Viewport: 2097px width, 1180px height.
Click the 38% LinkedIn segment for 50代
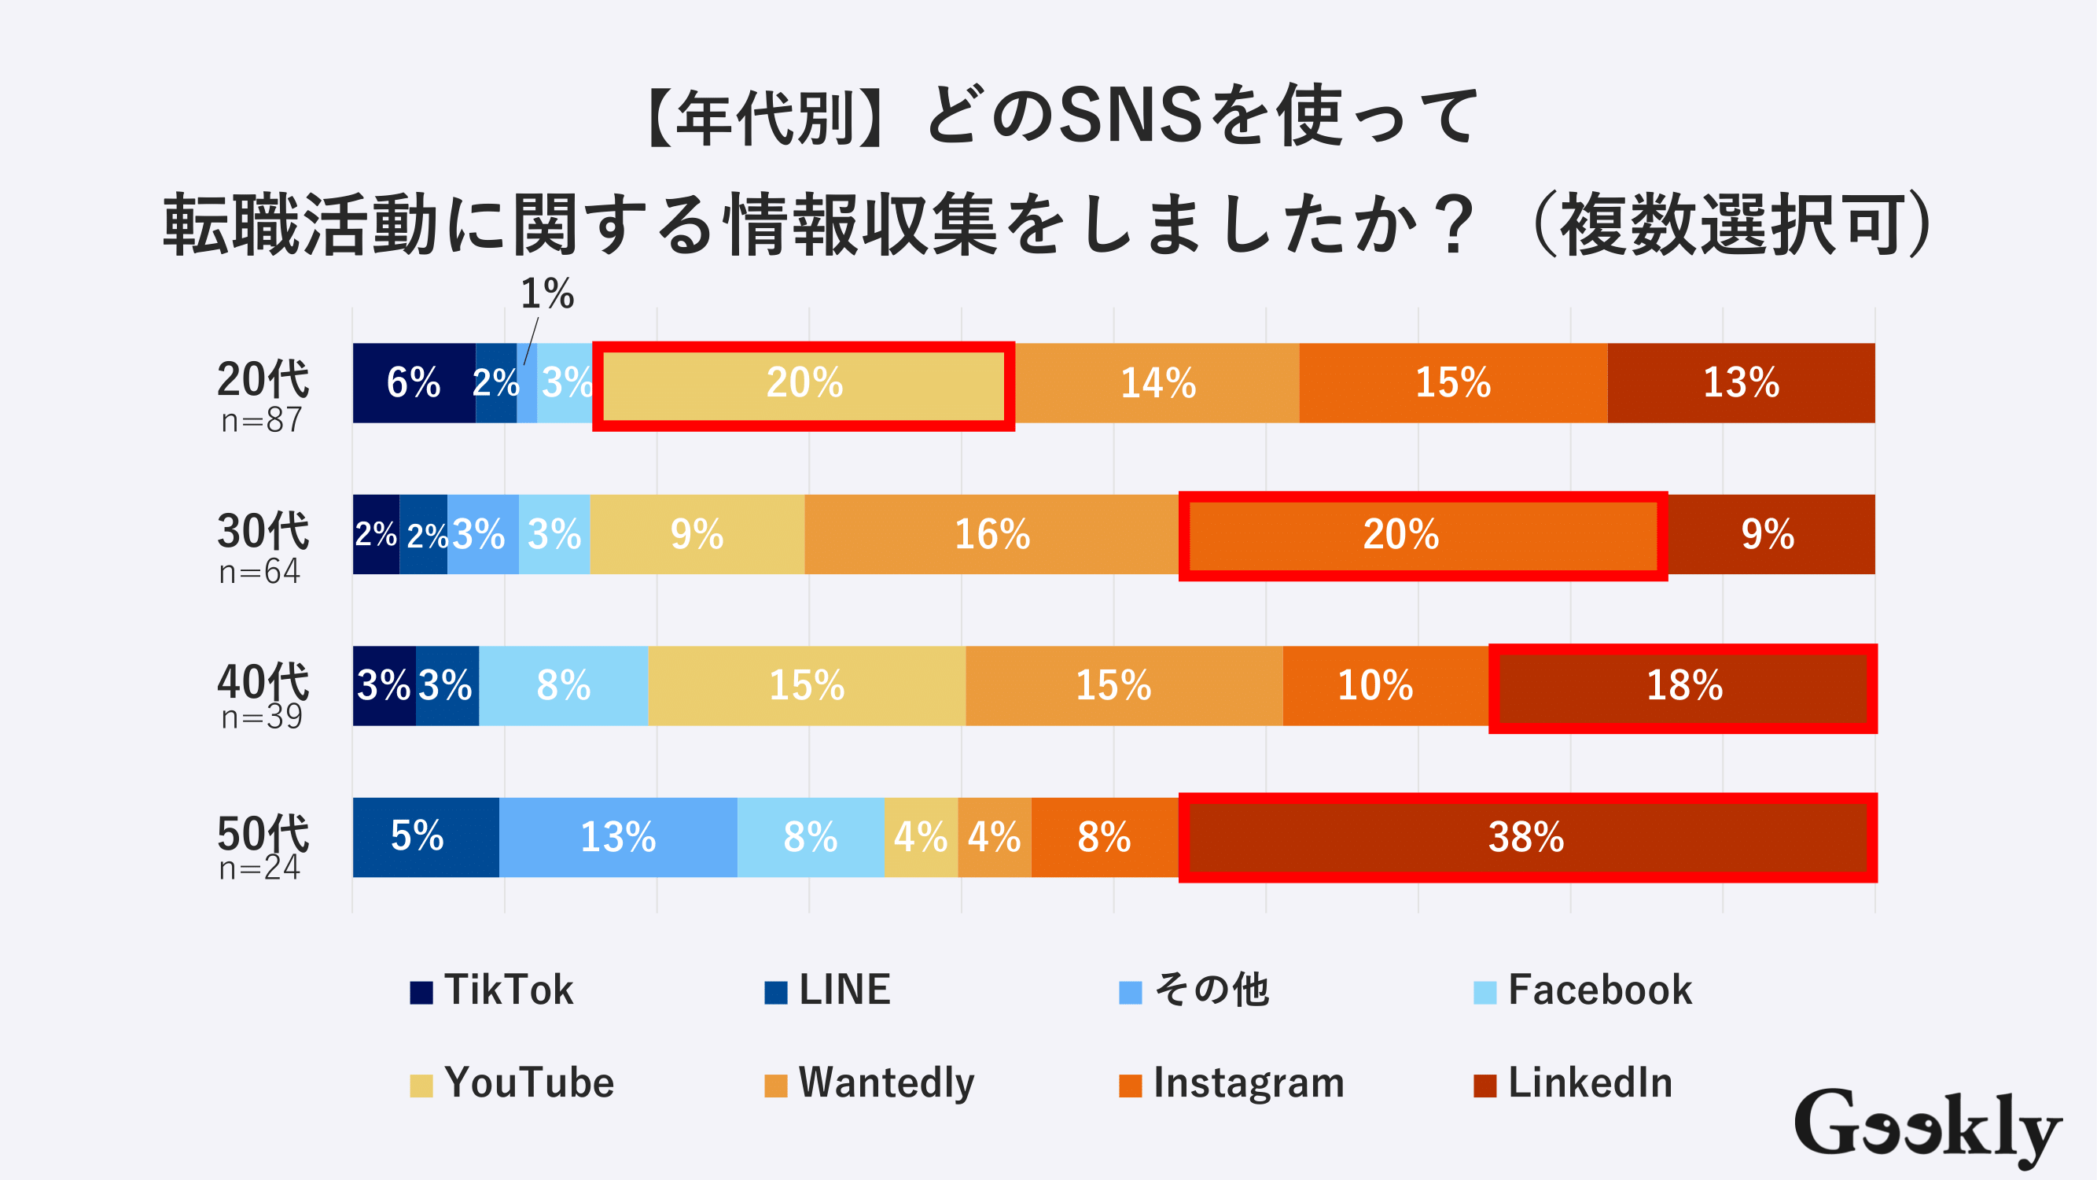1527,837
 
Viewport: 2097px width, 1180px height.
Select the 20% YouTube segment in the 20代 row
804,383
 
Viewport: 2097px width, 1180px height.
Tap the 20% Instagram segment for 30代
1400,534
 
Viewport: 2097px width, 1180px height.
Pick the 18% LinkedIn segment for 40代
1683,686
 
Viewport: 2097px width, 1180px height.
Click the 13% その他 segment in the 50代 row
618,837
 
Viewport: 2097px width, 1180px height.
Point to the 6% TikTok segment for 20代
414,383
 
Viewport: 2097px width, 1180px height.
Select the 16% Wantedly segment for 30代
991,534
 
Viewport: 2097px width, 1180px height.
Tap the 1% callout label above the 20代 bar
547,294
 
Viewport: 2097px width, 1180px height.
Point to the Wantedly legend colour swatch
775,1086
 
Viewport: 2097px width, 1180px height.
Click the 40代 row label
262,682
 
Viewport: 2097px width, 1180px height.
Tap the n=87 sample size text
261,420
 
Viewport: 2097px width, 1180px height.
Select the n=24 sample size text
259,868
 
